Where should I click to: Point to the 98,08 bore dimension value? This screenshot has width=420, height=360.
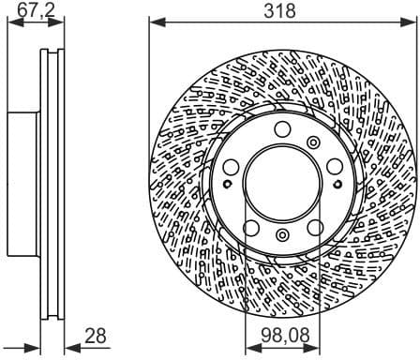click(x=280, y=335)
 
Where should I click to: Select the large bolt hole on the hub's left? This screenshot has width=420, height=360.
click(x=232, y=167)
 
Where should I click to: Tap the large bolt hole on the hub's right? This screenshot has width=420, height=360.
click(x=334, y=167)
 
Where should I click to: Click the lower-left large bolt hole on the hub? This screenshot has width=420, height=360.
click(x=251, y=228)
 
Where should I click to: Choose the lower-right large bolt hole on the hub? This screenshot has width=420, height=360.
click(x=314, y=228)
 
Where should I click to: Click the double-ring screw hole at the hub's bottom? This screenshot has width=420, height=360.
click(x=283, y=235)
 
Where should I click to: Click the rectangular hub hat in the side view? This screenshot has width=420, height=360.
click(x=23, y=183)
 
